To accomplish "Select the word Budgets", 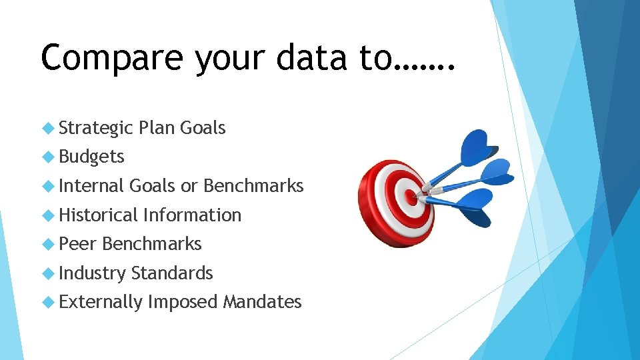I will tap(91, 157).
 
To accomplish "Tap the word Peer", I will tap(78, 244).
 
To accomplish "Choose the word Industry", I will tap(92, 273).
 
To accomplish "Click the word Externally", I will tap(101, 302).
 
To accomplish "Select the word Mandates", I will tap(262, 302).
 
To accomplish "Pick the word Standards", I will tap(172, 273).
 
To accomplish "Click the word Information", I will tap(192, 215).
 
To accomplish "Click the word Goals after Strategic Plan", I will tap(203, 128).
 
